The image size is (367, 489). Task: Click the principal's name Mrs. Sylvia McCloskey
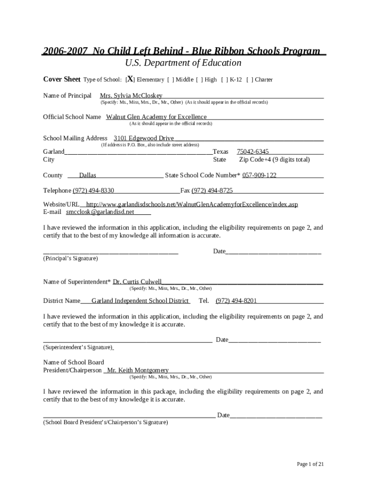click(131, 96)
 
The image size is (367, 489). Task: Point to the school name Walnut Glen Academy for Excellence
click(156, 117)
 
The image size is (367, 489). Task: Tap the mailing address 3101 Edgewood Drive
click(143, 138)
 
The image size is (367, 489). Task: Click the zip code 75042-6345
click(253, 151)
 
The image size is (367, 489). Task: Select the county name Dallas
click(88, 175)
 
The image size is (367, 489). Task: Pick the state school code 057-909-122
click(259, 175)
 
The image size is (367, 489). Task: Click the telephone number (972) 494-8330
click(93, 191)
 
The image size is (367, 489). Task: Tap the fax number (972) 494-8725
click(212, 191)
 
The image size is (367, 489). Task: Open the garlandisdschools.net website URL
click(192, 204)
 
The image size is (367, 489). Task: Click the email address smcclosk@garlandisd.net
click(100, 212)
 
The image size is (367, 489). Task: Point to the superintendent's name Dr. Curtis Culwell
click(137, 282)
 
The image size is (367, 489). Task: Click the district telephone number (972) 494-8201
click(236, 301)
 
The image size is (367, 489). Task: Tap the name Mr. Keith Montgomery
click(138, 370)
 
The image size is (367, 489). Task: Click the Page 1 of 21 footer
click(310, 464)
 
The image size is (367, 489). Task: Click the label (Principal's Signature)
click(71, 258)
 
